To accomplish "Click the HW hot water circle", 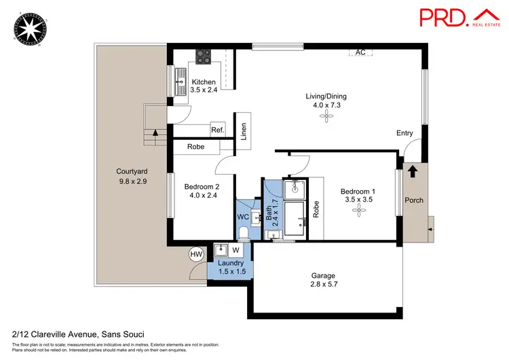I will click(196, 254).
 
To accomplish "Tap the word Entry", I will click(404, 133).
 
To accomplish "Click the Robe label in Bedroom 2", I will click(196, 145).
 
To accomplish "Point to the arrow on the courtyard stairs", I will click(155, 134).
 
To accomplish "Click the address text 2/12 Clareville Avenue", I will click(60, 334).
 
